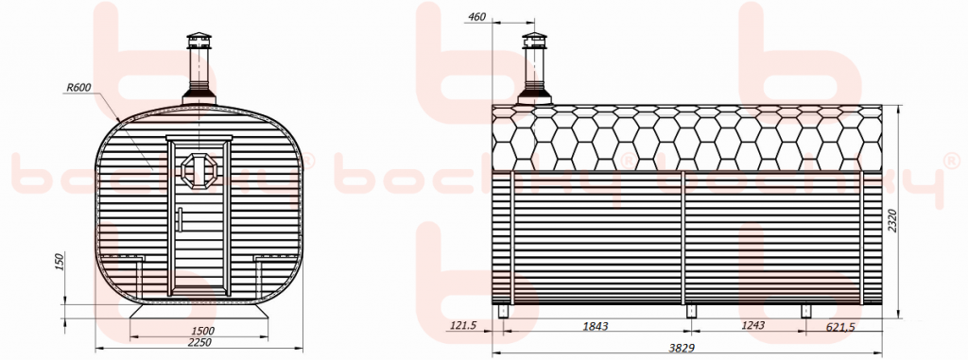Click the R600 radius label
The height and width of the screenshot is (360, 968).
(x=78, y=88)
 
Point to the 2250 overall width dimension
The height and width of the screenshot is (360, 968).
(x=200, y=343)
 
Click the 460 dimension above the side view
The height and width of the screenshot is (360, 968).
(x=477, y=17)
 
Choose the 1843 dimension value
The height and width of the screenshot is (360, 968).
(x=596, y=326)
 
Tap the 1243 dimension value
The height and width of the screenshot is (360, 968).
(x=752, y=326)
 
